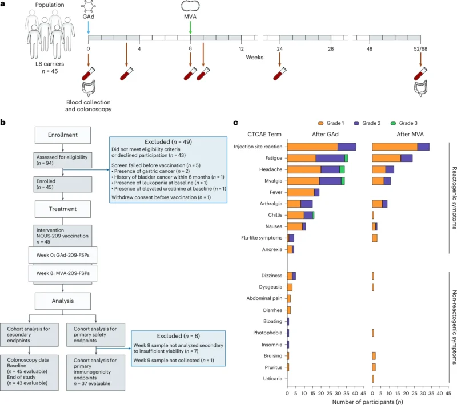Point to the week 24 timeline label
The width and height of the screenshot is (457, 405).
(x=280, y=49)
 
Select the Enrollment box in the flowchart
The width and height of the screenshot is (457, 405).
(x=63, y=136)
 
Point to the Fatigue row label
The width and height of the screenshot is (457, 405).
(x=272, y=158)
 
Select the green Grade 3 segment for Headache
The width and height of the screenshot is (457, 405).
(x=342, y=169)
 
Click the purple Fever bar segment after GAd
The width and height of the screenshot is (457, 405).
(x=317, y=192)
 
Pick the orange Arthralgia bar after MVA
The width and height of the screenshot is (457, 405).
(x=377, y=204)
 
